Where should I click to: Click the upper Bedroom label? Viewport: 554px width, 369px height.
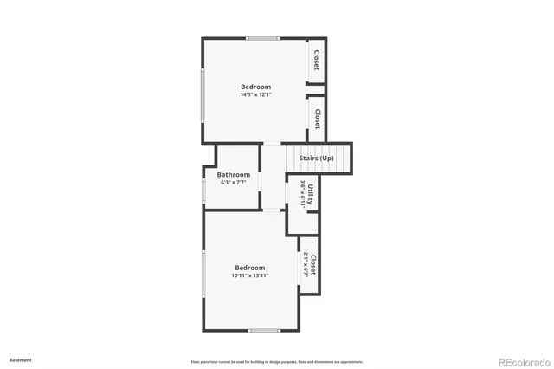255,87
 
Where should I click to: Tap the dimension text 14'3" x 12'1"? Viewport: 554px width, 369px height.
255,94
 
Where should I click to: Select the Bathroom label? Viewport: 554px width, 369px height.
234,175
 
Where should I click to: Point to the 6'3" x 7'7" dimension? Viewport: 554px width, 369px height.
234,183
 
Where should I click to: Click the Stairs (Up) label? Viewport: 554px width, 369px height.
316,159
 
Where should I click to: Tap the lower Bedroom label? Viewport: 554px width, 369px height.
250,268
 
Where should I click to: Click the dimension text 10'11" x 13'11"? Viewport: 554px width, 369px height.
250,275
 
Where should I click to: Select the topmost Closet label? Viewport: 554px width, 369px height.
317,60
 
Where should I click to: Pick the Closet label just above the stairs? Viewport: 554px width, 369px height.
317,119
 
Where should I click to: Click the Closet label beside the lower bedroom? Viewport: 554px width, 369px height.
313,265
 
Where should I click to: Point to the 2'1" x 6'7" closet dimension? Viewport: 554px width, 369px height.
306,265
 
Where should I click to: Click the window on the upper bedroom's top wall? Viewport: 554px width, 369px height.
263,38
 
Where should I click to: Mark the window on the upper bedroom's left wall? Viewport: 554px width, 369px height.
203,95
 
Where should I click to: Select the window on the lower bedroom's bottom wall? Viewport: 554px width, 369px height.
263,330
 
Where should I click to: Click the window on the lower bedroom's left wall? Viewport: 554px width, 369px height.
204,278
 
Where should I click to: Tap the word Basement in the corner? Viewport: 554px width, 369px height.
20,359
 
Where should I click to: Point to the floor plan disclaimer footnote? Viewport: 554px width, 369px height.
277,361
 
